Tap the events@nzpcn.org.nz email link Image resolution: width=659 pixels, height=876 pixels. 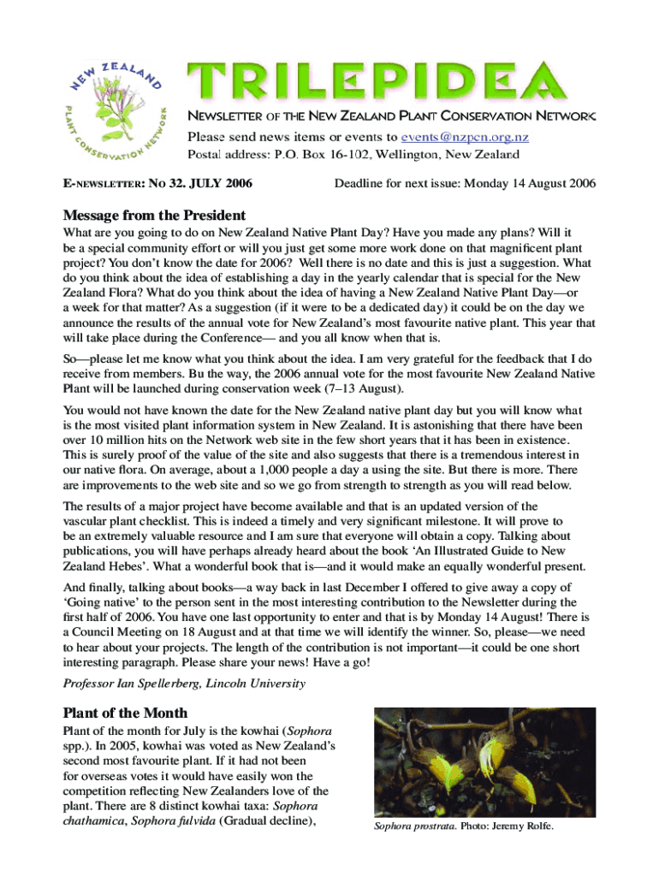coord(469,137)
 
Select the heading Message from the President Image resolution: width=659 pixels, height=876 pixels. coord(154,216)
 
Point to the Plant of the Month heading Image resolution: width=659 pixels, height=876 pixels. coord(125,713)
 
